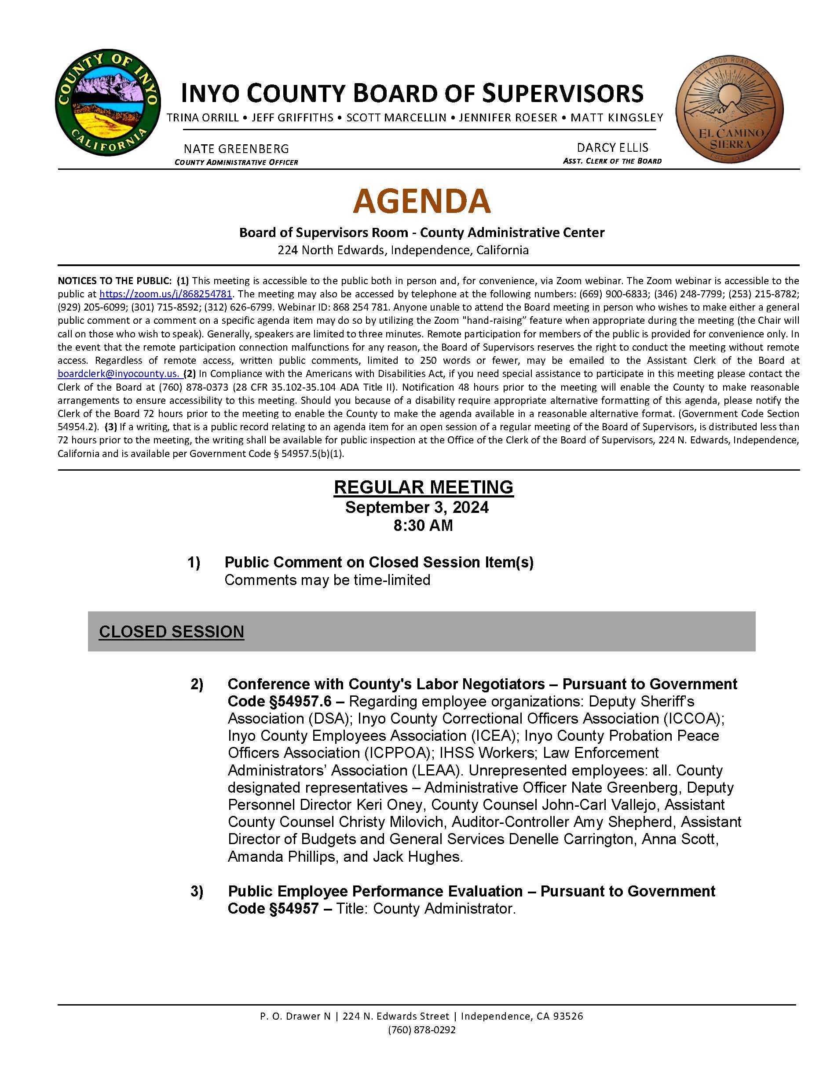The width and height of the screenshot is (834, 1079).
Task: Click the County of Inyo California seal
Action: coord(107,102)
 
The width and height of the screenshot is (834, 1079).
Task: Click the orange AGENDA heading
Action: coord(421,201)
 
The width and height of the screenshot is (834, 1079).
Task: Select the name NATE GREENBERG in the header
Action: coord(236,149)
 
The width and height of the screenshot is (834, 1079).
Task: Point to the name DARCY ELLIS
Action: coord(612,147)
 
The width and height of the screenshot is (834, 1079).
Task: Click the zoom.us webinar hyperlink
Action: coord(165,294)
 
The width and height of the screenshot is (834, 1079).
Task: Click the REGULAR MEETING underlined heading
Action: coord(424,487)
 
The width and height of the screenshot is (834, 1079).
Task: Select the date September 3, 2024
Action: coord(417,507)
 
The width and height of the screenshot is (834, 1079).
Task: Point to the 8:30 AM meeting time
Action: coord(423,525)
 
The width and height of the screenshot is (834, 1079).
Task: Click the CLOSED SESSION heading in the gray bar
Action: coord(172,631)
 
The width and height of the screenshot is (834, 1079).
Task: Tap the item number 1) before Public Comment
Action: coord(194,562)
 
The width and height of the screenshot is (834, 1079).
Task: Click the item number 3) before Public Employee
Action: coord(197,891)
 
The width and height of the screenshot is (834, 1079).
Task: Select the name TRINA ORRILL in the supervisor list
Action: coord(203,117)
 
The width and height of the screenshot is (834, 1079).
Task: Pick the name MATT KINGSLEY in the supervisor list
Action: coord(617,117)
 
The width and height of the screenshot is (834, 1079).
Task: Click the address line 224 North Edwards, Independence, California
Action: coord(402,250)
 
